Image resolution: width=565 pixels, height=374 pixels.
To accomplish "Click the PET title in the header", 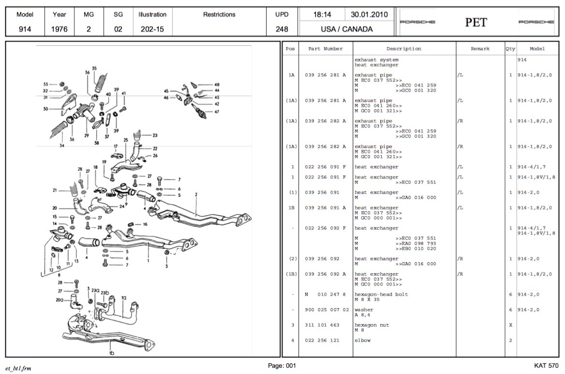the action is [x=476, y=22].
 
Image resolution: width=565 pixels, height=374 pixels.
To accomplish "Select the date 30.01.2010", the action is [x=370, y=15].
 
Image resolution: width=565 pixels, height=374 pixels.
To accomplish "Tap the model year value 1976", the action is [x=59, y=29].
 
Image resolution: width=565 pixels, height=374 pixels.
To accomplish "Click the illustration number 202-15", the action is [x=152, y=29].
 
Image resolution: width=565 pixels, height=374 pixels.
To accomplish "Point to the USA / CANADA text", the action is [x=347, y=29].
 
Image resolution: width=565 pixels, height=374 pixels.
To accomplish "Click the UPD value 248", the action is [x=282, y=29].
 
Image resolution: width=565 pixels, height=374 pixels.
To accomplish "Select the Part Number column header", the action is [x=326, y=49].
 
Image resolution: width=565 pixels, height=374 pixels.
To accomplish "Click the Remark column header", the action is [x=480, y=49].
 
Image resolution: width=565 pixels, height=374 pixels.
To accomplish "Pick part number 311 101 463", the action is [x=322, y=325].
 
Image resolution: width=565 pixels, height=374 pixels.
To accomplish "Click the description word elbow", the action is [x=362, y=340].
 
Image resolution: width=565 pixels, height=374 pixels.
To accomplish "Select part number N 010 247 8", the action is [x=326, y=294].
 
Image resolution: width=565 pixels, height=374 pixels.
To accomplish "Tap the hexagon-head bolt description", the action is [x=381, y=294].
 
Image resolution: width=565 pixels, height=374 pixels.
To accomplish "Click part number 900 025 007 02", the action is [x=327, y=310].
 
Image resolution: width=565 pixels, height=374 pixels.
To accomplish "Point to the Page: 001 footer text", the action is [x=282, y=366].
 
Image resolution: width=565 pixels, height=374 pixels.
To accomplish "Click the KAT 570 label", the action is [x=546, y=366].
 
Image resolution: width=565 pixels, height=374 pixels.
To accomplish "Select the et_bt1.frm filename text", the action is [x=18, y=368].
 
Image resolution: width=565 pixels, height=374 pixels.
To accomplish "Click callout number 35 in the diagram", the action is [x=94, y=68].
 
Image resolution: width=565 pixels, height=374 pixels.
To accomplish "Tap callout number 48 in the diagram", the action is [x=217, y=85].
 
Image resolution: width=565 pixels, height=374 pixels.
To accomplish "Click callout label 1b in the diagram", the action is [x=112, y=353].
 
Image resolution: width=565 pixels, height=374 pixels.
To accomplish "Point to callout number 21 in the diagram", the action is [x=55, y=190].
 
